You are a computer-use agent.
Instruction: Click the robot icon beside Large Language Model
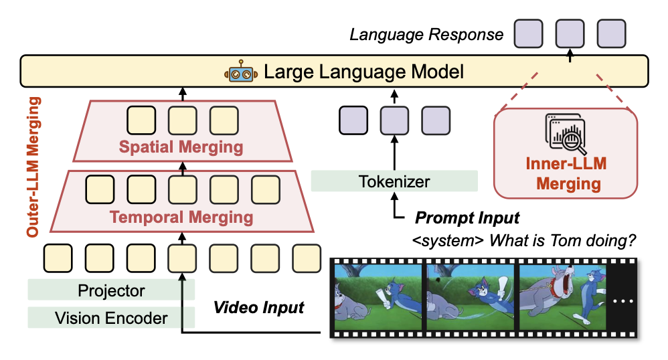240,72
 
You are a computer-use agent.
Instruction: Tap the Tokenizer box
394,181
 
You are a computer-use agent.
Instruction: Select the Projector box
111,291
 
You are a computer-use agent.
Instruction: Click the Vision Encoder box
111,318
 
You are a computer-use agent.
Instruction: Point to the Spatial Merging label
181,147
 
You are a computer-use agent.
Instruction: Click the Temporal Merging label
181,217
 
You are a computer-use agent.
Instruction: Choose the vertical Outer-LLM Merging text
33,167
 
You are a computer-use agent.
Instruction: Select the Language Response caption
426,34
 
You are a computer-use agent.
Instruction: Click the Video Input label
258,308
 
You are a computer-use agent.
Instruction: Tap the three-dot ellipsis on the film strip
622,301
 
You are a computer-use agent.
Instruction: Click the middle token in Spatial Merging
181,120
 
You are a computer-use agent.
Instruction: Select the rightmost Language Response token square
611,33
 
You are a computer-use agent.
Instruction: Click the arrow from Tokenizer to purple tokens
394,151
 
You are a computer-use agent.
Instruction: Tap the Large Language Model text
364,72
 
